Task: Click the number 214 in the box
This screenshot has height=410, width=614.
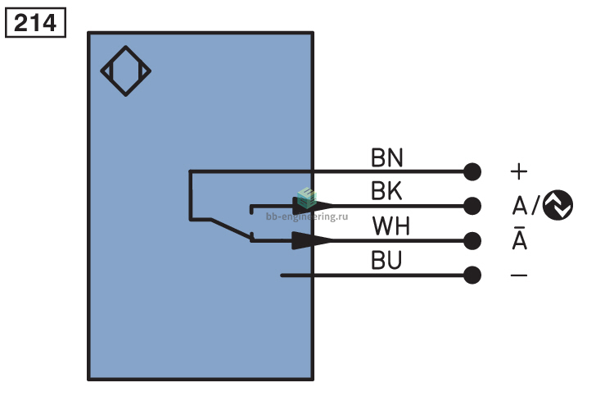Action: (x=35, y=23)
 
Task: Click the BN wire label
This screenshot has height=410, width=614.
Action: (x=387, y=157)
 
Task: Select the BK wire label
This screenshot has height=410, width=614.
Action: (x=386, y=191)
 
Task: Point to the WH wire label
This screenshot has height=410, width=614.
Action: (x=391, y=226)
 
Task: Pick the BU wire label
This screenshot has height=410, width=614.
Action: (x=386, y=260)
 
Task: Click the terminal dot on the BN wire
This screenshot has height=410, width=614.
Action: (x=472, y=172)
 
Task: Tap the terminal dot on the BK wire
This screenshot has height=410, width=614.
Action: (x=472, y=206)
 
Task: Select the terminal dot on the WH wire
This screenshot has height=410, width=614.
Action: (x=472, y=240)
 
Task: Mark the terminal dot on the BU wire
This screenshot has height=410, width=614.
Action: (x=472, y=275)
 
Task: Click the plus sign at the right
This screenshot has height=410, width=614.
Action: (x=519, y=172)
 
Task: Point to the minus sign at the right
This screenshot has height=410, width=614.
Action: (x=519, y=275)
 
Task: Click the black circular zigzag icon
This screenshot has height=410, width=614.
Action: (x=558, y=205)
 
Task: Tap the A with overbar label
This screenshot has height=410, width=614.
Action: (x=520, y=238)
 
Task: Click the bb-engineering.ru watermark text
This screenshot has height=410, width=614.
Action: (x=307, y=216)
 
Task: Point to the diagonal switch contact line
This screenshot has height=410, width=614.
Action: (x=231, y=229)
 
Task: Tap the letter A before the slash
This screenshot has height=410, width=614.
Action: (x=520, y=205)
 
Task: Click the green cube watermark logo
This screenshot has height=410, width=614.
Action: (x=307, y=198)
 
